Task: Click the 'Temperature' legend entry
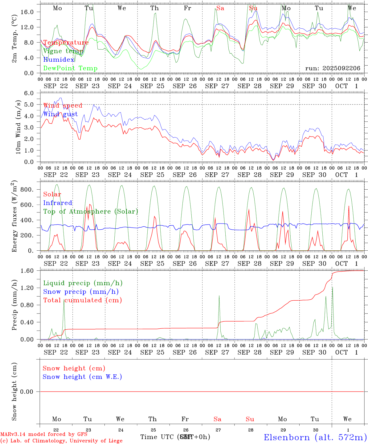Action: tap(66, 43)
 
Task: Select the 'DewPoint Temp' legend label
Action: tap(70, 68)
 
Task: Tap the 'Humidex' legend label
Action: tap(59, 60)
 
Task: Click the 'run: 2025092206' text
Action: tap(333, 68)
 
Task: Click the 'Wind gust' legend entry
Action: tap(60, 114)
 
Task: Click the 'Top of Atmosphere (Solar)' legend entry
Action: tap(90, 212)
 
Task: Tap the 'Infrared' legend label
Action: tap(58, 203)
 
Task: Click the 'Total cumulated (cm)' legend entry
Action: tap(82, 300)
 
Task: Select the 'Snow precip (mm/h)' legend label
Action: tap(81, 292)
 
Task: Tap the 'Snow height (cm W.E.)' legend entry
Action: tap(82, 377)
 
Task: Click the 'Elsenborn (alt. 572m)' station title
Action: tap(315, 437)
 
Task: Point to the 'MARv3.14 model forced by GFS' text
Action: tap(44, 434)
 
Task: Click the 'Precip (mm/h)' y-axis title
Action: tap(14, 305)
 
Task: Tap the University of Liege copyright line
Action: tap(61, 441)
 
